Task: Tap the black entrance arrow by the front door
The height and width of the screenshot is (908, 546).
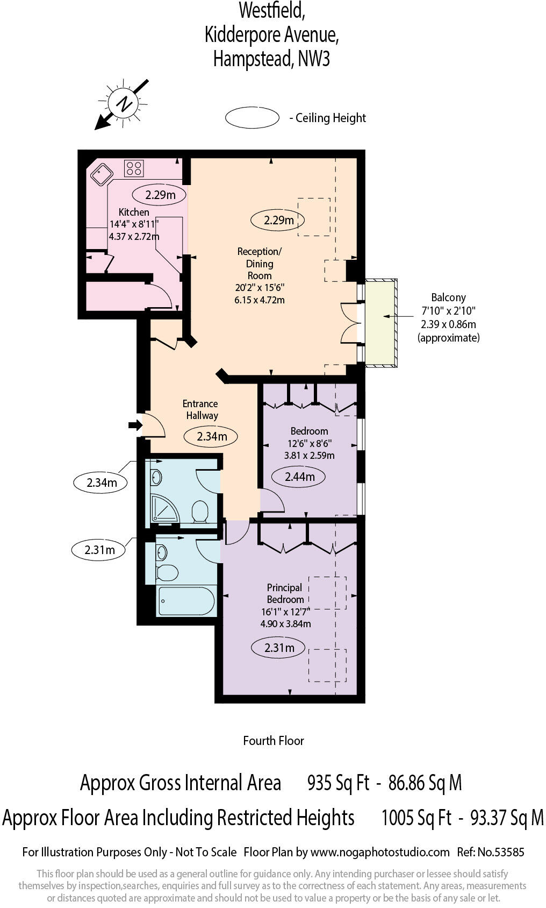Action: (x=135, y=425)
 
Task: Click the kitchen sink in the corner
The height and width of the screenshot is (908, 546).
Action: (x=101, y=173)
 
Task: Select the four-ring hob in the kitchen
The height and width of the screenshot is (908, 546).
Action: (x=134, y=168)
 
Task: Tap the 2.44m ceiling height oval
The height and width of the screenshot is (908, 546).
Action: (x=299, y=476)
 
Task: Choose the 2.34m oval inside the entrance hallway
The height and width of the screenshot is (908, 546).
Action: (x=211, y=436)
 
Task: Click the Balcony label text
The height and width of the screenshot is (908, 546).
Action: (x=448, y=297)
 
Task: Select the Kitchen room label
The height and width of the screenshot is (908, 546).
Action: (x=134, y=212)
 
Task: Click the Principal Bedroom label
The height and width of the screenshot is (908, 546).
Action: (x=285, y=593)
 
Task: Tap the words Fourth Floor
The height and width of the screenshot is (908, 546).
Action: (x=273, y=741)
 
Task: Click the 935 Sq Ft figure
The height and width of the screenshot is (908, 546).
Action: (x=338, y=783)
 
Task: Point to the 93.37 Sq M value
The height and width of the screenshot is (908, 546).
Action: (x=507, y=818)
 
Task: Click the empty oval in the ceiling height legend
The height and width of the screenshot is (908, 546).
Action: (x=252, y=118)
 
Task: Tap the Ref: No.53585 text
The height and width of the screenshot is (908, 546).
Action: (x=490, y=852)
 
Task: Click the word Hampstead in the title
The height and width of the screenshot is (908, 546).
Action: (x=252, y=59)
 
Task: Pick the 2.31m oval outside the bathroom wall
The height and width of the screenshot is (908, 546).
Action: (x=99, y=550)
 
